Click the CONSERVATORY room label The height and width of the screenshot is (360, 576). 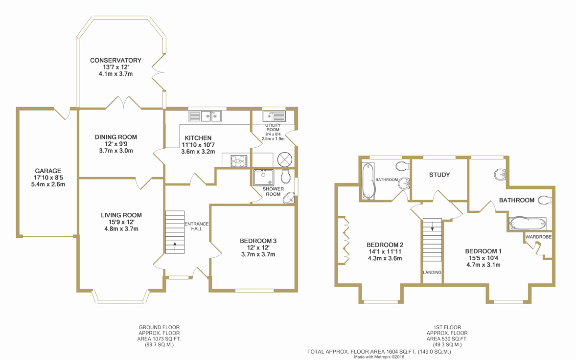click(115, 60)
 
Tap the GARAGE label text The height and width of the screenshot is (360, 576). click(48, 171)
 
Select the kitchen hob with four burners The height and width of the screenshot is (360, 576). click(238, 161)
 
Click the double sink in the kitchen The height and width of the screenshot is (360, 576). click(205, 116)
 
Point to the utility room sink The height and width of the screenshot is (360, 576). click(275, 116)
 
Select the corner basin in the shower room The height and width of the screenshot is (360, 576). click(289, 198)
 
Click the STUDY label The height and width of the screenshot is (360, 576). click(439, 175)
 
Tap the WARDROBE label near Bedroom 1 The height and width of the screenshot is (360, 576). click(538, 237)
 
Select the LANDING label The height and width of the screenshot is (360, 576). click(432, 272)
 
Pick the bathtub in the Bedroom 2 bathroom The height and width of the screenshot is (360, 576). click(368, 181)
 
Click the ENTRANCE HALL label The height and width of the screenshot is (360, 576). click(197, 226)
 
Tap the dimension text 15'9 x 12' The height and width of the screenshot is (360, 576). click(121, 222)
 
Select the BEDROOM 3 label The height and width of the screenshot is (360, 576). click(258, 241)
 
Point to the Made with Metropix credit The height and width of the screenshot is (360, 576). click(379, 357)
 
